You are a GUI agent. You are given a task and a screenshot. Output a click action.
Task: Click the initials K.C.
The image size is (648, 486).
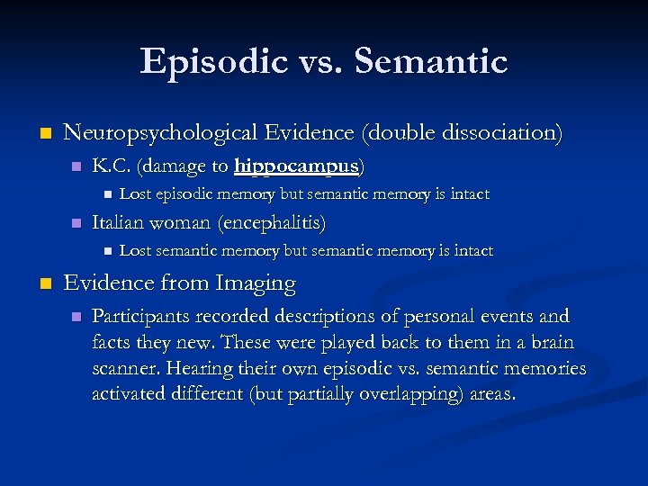tap(109, 166)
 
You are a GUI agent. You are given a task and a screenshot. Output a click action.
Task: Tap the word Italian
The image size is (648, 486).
tap(119, 222)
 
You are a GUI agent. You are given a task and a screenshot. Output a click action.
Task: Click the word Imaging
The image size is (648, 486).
tap(256, 283)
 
